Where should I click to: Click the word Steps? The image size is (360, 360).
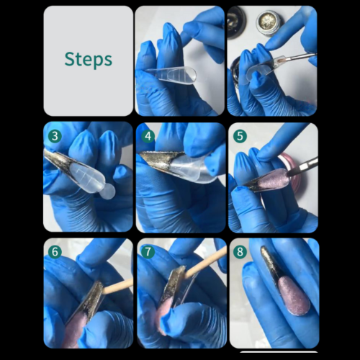89,59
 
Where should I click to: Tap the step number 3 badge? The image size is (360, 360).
55,136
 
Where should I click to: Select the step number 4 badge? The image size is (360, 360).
148,136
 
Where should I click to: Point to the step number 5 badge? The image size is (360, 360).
240,136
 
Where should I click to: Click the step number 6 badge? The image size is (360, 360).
55,252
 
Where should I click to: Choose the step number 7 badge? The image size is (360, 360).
148,252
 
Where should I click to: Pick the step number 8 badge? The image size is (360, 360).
240,252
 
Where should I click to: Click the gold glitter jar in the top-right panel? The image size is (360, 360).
266,22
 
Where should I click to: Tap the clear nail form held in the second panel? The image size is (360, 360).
171,74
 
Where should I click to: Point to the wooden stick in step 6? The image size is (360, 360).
118,287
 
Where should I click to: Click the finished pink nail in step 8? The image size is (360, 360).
294,294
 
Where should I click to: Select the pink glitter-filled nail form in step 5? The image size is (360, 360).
274,179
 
